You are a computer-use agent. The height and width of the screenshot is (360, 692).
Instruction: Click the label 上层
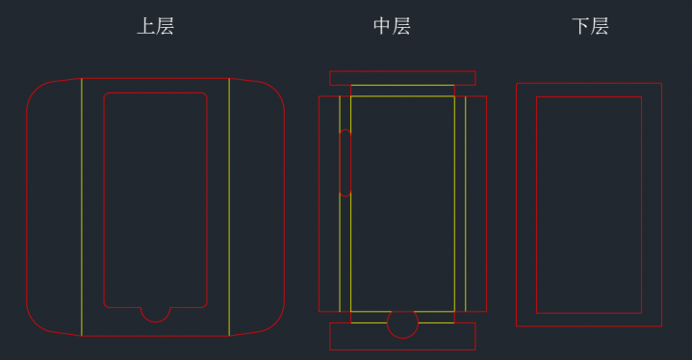click(x=155, y=26)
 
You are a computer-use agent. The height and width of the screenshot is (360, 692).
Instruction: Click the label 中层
click(x=392, y=26)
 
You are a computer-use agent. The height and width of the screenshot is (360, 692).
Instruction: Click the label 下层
click(x=590, y=26)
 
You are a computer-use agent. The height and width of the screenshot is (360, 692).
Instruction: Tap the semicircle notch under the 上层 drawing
click(x=155, y=314)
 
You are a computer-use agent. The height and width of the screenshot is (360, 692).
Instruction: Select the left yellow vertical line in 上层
click(x=82, y=207)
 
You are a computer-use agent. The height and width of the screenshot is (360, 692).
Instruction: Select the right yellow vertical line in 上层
click(x=229, y=207)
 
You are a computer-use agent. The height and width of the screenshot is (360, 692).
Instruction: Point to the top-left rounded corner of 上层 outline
click(x=38, y=90)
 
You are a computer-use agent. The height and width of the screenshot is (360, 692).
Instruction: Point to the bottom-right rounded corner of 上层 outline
click(x=274, y=324)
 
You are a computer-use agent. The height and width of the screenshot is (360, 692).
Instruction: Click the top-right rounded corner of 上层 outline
click(x=274, y=90)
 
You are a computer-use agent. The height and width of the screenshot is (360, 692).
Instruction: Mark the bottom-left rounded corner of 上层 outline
click(x=38, y=324)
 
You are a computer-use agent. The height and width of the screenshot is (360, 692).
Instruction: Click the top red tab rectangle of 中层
click(x=402, y=78)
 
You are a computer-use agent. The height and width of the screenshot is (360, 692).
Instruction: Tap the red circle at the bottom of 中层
click(x=402, y=324)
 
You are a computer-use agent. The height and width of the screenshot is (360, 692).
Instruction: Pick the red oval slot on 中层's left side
click(x=346, y=163)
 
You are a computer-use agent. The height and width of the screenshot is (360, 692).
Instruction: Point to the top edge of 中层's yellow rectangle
click(x=402, y=85)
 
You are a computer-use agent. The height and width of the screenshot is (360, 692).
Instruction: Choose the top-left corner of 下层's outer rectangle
click(x=517, y=83)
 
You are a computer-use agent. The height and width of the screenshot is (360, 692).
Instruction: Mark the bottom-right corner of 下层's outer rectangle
click(x=661, y=326)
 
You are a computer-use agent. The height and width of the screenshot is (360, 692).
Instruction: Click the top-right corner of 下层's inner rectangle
click(x=641, y=96)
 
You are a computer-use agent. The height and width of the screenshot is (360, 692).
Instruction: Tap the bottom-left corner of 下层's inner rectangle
click(x=536, y=313)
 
